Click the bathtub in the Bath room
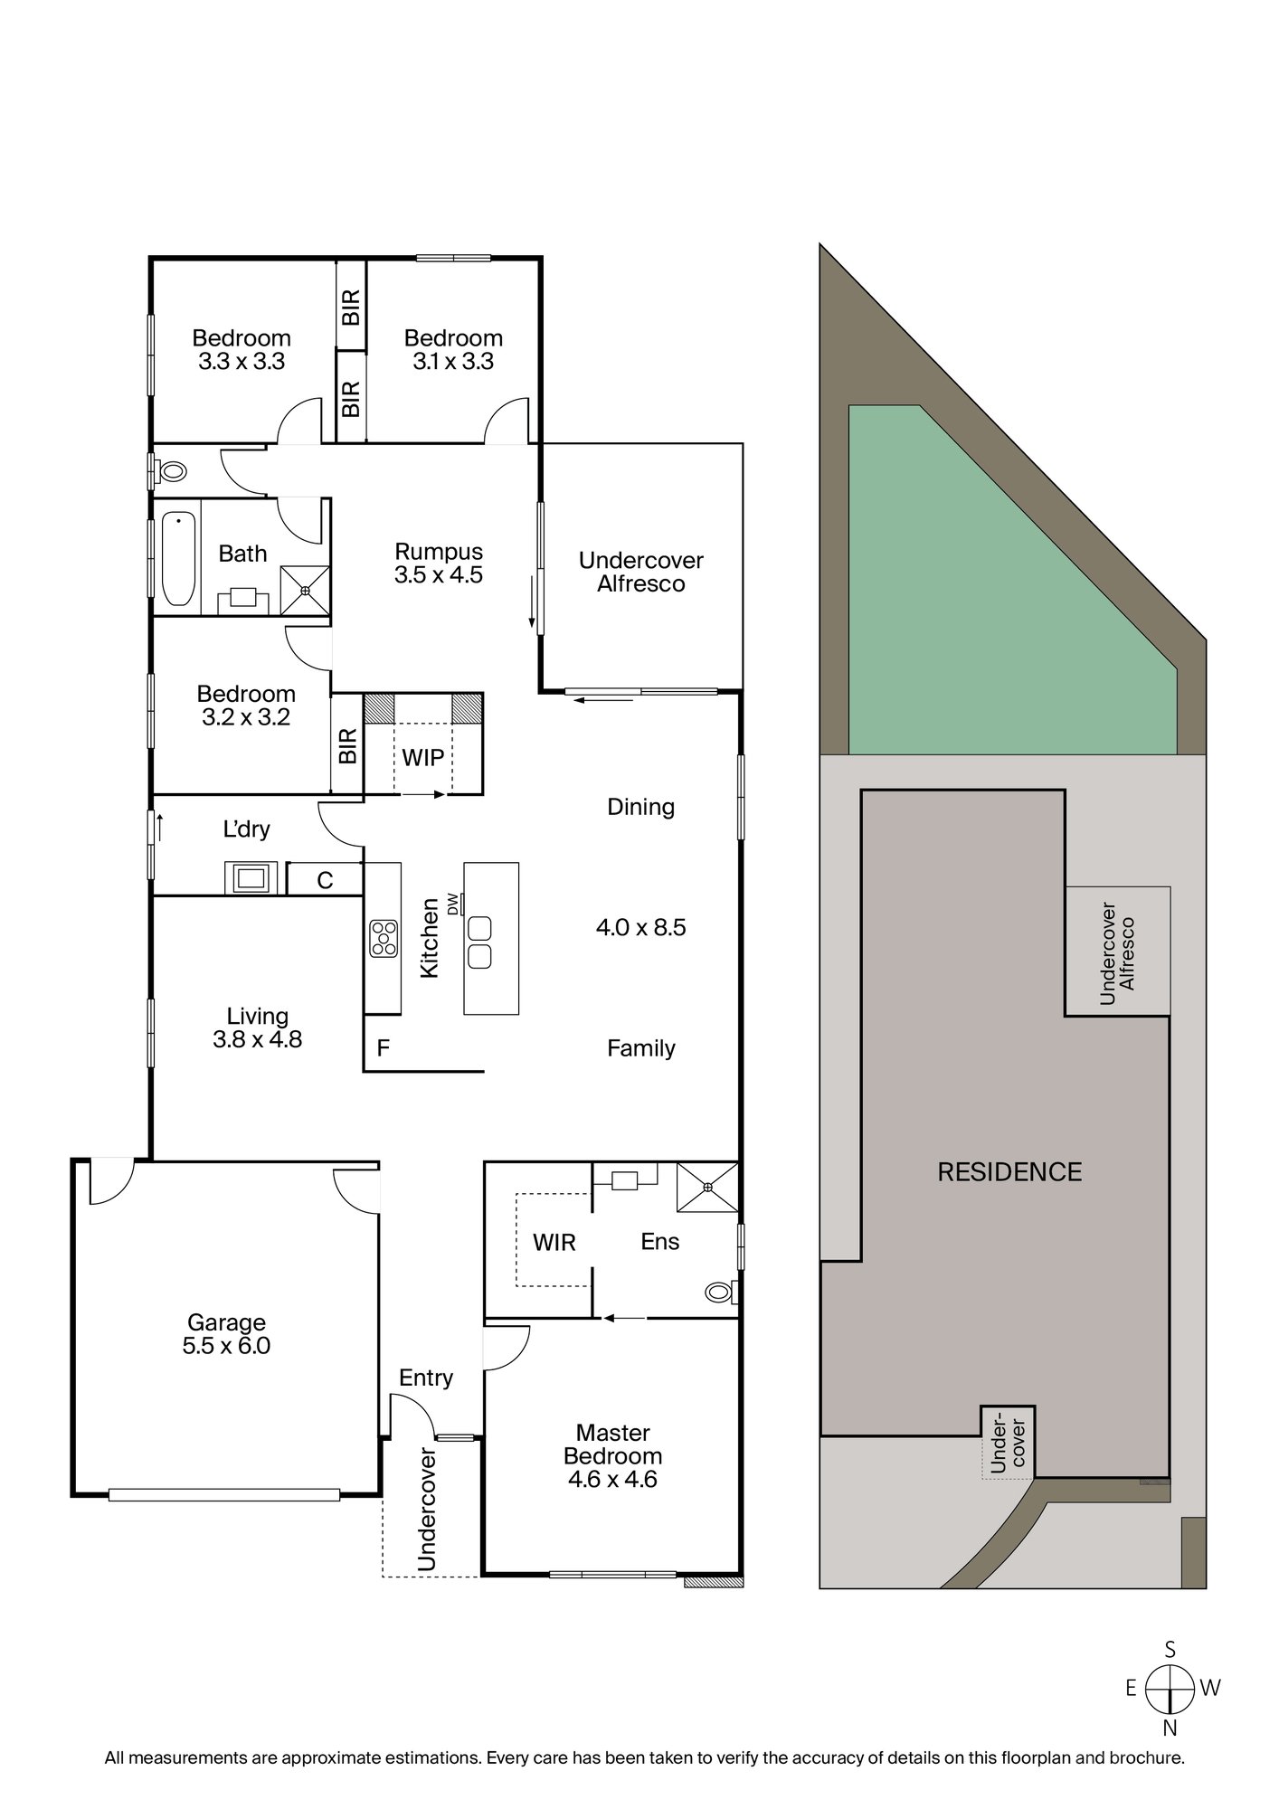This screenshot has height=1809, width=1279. click(x=178, y=558)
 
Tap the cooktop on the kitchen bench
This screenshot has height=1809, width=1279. click(x=384, y=937)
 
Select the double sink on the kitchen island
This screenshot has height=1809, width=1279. click(x=479, y=942)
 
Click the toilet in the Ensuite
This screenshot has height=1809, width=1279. click(x=720, y=1293)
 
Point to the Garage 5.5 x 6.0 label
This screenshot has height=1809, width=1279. click(x=226, y=1334)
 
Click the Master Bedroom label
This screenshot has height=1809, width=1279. click(x=612, y=1456)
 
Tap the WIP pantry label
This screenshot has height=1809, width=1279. click(x=422, y=757)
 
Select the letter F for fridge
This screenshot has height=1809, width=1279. click(x=383, y=1048)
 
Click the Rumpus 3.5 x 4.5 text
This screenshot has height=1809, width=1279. click(x=439, y=563)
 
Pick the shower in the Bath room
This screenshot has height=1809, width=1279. click(x=305, y=591)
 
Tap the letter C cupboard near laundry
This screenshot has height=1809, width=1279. click(x=325, y=879)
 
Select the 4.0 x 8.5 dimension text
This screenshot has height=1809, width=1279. click(x=640, y=927)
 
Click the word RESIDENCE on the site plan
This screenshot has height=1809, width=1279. click(x=1009, y=1172)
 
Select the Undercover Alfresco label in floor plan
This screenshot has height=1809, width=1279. click(x=640, y=572)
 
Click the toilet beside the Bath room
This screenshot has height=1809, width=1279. click(x=171, y=470)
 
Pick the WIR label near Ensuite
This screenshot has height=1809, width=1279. click(x=554, y=1242)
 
